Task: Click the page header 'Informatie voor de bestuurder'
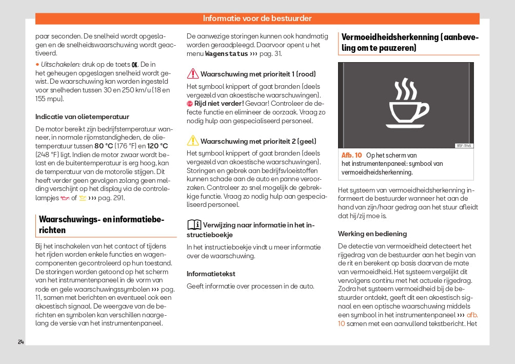(257, 18)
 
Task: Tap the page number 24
(21, 342)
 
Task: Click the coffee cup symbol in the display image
(408, 109)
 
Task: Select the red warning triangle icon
(192, 73)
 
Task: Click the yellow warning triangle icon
(192, 141)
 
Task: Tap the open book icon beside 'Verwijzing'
(194, 224)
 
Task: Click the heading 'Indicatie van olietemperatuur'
(82, 117)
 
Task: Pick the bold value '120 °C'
(157, 146)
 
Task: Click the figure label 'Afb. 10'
(351, 155)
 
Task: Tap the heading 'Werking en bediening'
(372, 234)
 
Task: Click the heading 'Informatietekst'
(210, 274)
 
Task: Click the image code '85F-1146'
(463, 146)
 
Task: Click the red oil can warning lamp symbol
(65, 198)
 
